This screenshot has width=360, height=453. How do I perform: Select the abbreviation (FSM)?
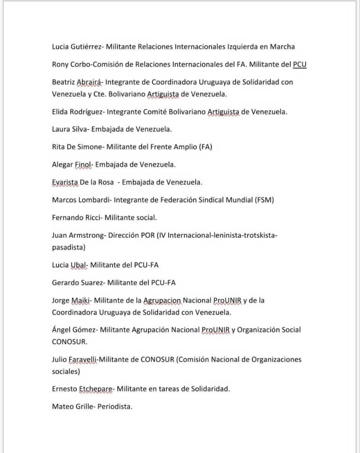pyautogui.click(x=264, y=200)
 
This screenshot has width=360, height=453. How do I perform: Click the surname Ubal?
pyautogui.click(x=78, y=265)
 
